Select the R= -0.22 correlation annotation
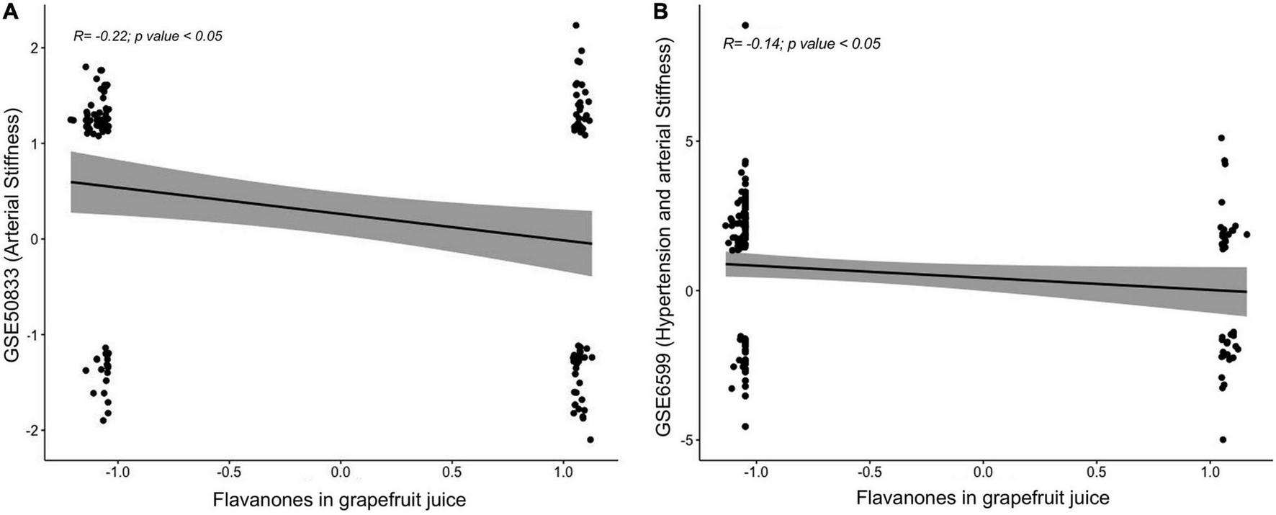148,35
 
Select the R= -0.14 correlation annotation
801,44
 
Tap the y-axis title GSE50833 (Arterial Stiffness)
12,237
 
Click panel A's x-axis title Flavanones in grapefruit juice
338,499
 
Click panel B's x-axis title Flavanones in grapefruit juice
982,498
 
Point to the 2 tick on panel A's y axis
34,48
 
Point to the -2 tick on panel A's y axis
30,431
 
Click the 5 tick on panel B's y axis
687,141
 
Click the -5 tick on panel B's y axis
683,440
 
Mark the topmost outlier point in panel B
745,25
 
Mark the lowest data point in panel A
590,439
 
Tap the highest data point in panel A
576,25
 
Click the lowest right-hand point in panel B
1223,439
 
